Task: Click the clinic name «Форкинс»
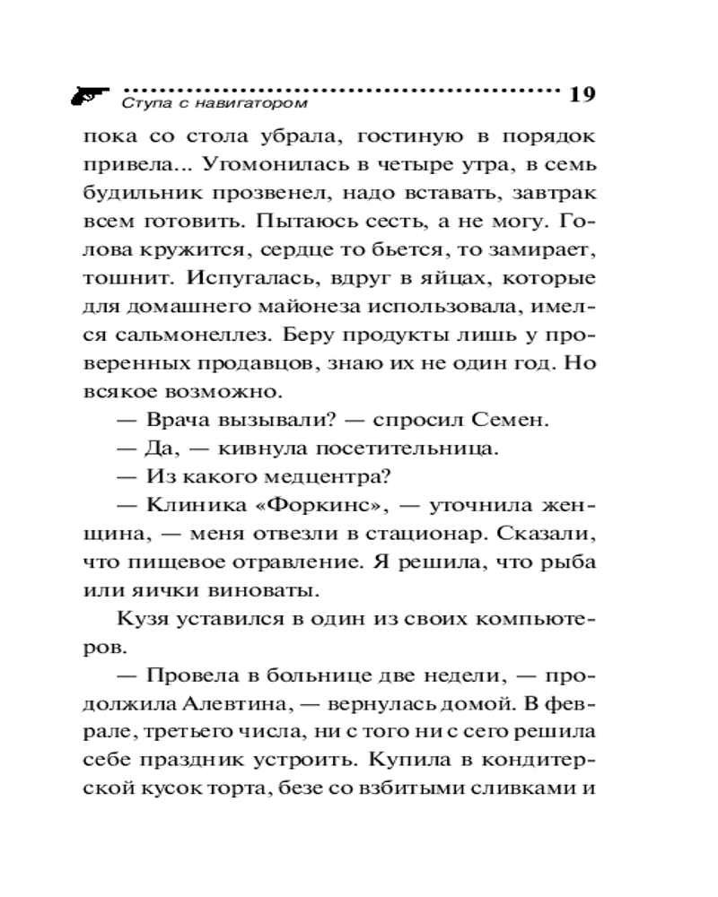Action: (320, 504)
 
